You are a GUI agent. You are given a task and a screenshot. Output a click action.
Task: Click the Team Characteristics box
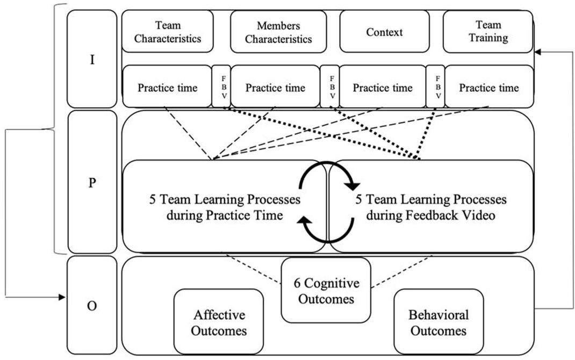tap(167, 32)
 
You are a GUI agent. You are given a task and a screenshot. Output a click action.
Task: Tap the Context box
tap(384, 32)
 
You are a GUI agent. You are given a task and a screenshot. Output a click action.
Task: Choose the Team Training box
tap(488, 32)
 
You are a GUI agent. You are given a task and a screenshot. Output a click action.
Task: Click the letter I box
tap(92, 59)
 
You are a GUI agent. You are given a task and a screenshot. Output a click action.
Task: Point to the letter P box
tap(92, 182)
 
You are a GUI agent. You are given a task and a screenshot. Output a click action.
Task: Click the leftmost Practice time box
tap(167, 87)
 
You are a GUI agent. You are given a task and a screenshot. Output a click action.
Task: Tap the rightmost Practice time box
tap(489, 87)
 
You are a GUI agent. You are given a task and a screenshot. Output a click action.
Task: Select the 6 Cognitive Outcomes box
tap(326, 290)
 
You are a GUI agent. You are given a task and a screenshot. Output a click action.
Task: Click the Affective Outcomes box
tap(219, 322)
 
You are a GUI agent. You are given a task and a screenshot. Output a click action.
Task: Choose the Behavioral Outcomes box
tap(439, 322)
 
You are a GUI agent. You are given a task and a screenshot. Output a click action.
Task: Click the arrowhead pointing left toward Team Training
tap(538, 52)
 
